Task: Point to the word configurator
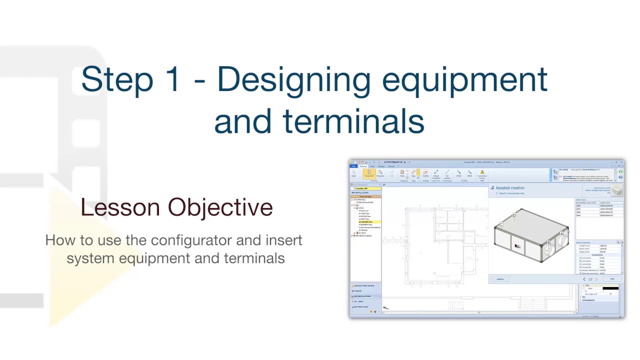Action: click(x=191, y=240)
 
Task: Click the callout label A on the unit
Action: click(x=561, y=233)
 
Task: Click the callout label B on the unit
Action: click(x=548, y=243)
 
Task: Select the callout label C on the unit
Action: click(x=501, y=224)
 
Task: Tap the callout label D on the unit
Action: click(x=514, y=216)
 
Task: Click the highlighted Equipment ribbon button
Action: click(x=369, y=173)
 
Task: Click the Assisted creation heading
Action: click(x=510, y=188)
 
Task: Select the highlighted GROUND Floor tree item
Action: click(x=366, y=221)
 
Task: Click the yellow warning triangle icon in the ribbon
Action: click(x=482, y=172)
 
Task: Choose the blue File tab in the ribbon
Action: click(x=353, y=166)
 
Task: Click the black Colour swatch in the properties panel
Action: click(x=610, y=288)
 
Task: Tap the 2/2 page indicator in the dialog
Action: click(x=590, y=279)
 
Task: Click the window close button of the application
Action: click(x=621, y=162)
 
